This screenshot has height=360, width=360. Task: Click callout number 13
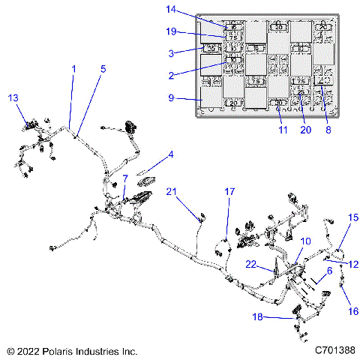13,98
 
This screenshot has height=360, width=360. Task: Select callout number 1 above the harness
73,69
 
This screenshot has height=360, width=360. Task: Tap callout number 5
103,69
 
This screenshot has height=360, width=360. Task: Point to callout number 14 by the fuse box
172,10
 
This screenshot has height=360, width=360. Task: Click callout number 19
171,31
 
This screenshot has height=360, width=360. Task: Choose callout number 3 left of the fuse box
172,53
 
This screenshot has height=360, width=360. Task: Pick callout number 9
172,97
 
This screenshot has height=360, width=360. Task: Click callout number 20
304,130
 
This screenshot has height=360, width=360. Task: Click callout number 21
172,192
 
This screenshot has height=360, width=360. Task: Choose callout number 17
229,192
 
